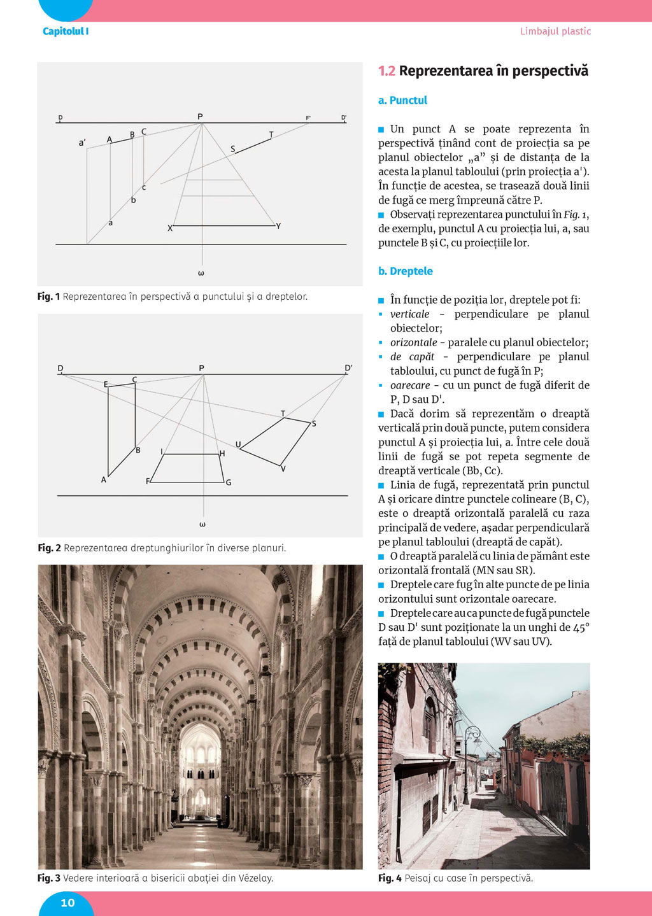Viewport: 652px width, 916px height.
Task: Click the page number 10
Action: [x=67, y=903]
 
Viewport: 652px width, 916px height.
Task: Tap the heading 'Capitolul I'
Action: [x=66, y=31]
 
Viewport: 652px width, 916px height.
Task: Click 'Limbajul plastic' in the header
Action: [x=555, y=31]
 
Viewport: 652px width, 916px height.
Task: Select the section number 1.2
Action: [x=386, y=71]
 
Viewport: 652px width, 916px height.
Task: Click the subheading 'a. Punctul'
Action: [x=402, y=101]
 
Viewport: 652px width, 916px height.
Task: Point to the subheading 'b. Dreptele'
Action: [x=405, y=271]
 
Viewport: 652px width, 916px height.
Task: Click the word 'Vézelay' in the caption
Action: [x=255, y=878]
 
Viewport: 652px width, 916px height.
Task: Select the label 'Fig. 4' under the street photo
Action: [x=390, y=878]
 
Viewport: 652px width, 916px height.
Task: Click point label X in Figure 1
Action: [x=170, y=228]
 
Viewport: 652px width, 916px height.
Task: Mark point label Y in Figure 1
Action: [x=278, y=226]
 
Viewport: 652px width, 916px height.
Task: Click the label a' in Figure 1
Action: [x=82, y=143]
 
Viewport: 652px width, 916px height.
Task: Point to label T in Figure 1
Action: [x=271, y=134]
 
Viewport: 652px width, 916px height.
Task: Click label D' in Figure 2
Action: [x=348, y=368]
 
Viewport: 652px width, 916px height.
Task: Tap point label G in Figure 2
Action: [x=229, y=483]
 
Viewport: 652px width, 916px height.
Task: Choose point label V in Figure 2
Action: [x=283, y=469]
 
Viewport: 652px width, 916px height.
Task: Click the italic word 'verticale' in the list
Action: [x=409, y=314]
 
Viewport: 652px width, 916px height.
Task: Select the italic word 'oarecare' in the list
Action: [x=410, y=386]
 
